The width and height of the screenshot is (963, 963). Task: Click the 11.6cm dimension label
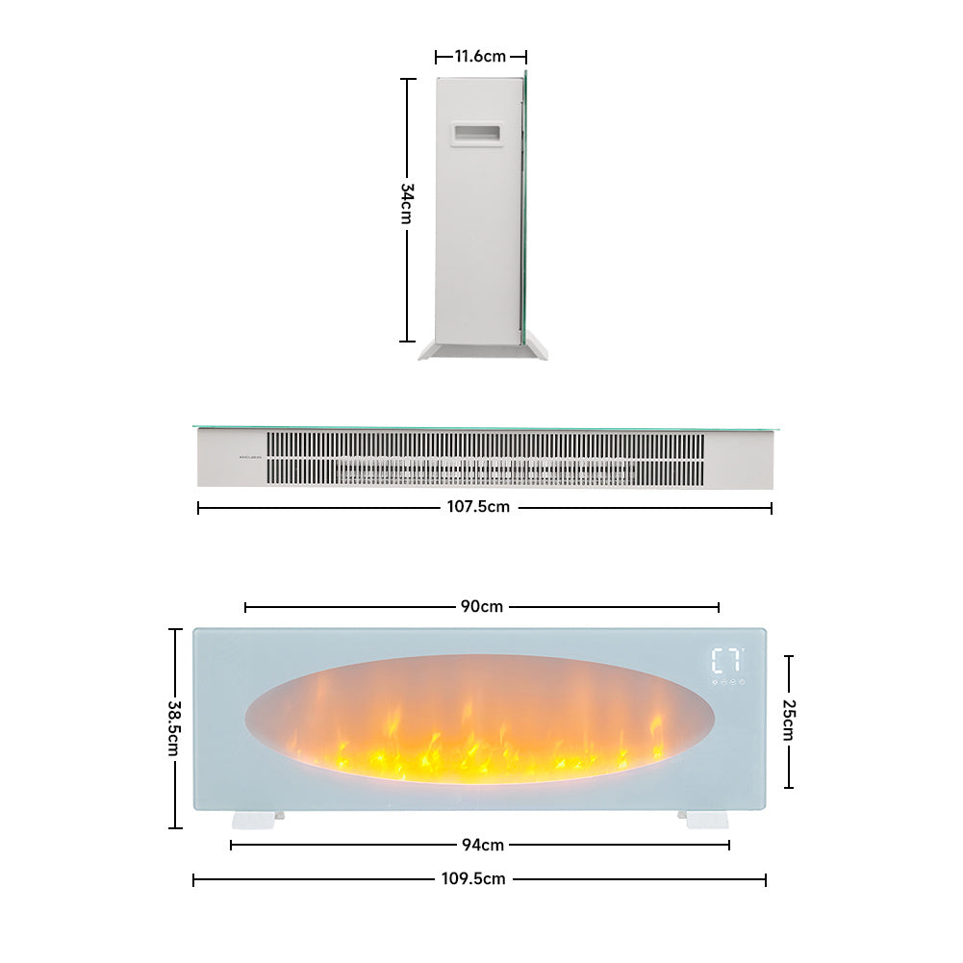(480, 57)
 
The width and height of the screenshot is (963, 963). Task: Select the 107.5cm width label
(484, 507)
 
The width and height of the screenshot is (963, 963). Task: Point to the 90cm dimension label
(482, 607)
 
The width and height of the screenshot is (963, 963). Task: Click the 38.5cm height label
(174, 727)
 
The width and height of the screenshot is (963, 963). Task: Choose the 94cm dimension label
(480, 846)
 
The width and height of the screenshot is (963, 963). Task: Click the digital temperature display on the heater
(726, 661)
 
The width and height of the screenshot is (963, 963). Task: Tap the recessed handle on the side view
(477, 136)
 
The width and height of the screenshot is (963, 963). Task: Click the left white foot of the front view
(257, 819)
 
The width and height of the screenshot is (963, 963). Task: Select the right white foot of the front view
(703, 819)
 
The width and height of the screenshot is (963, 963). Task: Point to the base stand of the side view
(482, 351)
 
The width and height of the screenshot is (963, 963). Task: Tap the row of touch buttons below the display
(727, 682)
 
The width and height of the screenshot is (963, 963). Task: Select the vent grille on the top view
(485, 458)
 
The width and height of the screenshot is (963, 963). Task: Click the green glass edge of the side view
(525, 207)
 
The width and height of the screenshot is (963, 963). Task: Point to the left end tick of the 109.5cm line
(194, 879)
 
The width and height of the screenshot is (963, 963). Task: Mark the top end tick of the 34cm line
(407, 79)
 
